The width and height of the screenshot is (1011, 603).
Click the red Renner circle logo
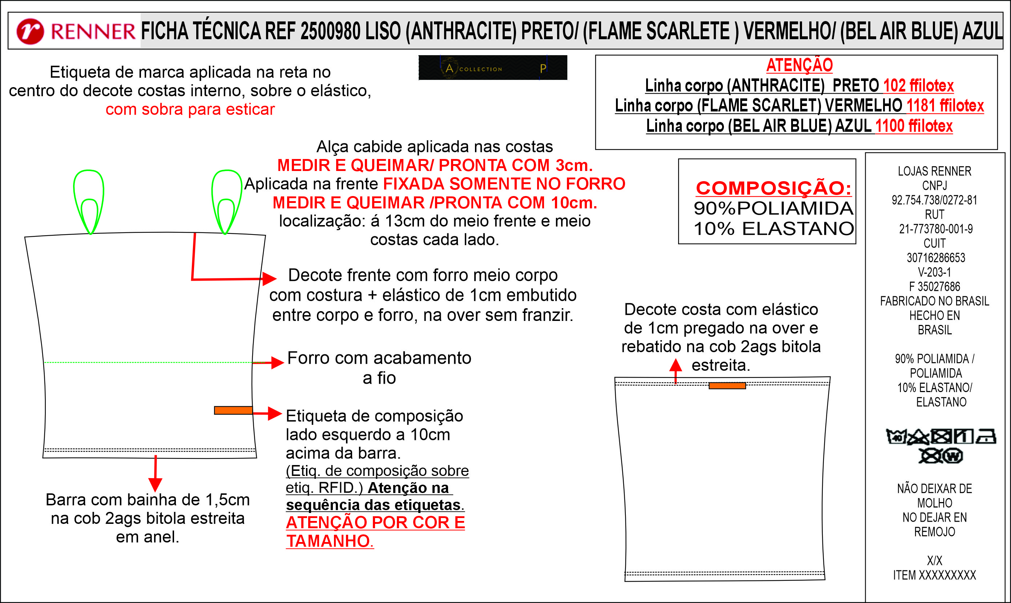click(x=30, y=31)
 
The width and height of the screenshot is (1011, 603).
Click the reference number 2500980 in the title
click(x=330, y=31)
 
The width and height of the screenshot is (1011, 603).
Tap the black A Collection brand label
click(x=492, y=68)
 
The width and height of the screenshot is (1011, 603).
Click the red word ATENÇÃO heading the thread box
click(x=799, y=65)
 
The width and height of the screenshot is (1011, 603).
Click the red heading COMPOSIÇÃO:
click(x=773, y=188)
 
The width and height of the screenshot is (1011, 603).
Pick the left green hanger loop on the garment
click(x=89, y=201)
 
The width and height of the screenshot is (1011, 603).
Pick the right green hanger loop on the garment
click(x=226, y=201)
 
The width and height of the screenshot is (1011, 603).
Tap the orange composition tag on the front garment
click(x=233, y=410)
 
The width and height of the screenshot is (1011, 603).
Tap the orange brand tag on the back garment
click(x=727, y=386)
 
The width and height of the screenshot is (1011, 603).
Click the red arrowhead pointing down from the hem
click(x=155, y=484)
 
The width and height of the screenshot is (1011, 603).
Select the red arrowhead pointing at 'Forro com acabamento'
click(x=278, y=362)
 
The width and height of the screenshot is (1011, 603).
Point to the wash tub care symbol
click(x=895, y=437)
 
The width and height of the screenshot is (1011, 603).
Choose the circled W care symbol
click(x=953, y=456)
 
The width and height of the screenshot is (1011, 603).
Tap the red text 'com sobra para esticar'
click(x=190, y=109)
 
